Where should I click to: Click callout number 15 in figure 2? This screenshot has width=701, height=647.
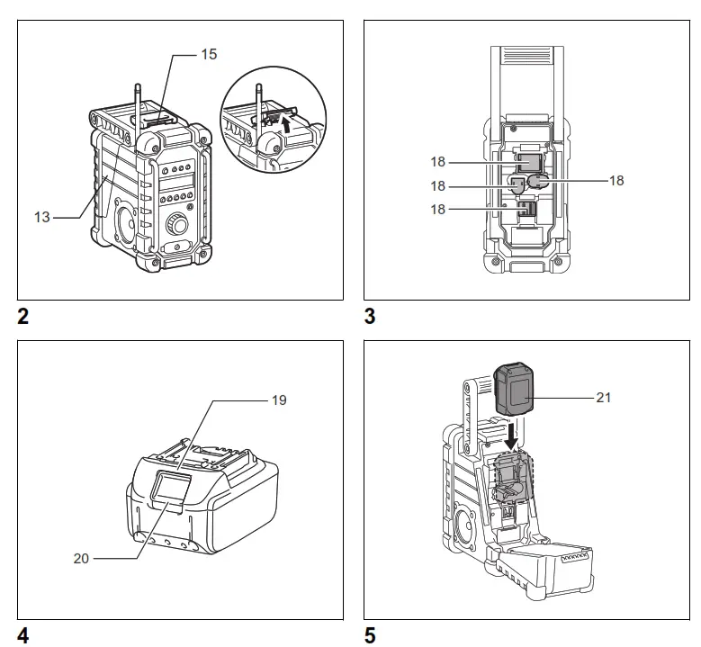tap(208, 55)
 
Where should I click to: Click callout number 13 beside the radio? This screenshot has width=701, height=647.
tap(41, 217)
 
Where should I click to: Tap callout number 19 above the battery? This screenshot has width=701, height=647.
tap(279, 400)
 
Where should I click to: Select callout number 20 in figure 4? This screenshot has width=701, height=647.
tap(81, 557)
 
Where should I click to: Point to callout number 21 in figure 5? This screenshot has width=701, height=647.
tap(604, 396)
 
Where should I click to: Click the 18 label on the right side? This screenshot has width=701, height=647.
tap(616, 180)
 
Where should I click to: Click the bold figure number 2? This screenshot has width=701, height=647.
tap(23, 317)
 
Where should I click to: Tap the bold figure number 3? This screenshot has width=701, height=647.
tap(370, 317)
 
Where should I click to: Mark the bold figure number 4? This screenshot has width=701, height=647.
tap(23, 636)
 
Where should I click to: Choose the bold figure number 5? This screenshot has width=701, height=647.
tap(370, 636)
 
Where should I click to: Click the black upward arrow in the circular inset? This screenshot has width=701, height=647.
tap(288, 124)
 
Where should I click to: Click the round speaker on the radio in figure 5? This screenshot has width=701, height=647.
tap(469, 526)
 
